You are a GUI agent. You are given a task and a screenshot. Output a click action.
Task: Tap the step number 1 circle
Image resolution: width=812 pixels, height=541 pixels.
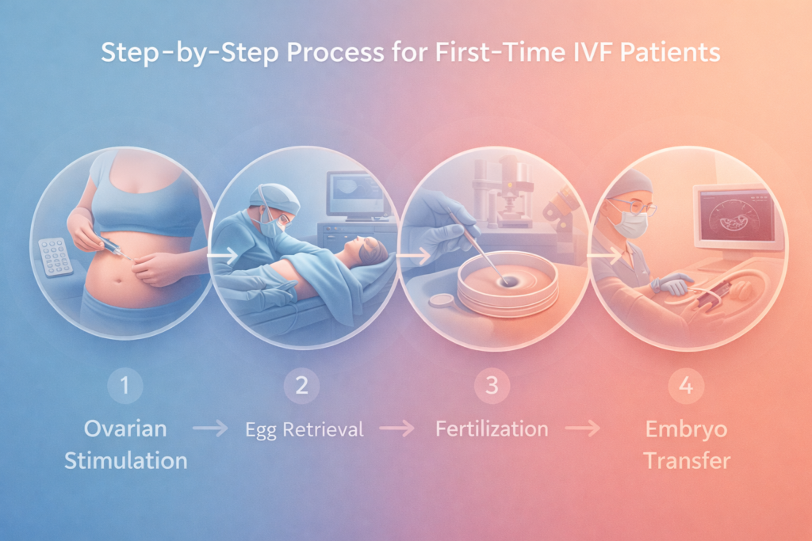click(127, 387)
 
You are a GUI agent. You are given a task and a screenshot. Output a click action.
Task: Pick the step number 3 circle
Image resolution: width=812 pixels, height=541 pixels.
click(492, 387)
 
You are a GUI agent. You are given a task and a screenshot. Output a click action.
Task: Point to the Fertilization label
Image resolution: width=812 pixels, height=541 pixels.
click(492, 429)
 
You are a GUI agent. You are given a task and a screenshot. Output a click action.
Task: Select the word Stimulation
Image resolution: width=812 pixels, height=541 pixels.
click(127, 459)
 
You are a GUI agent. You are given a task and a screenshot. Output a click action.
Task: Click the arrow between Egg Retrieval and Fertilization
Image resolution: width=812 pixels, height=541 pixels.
click(396, 429)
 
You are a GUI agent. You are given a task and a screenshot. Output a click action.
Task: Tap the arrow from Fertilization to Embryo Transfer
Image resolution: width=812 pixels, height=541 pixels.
click(584, 429)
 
